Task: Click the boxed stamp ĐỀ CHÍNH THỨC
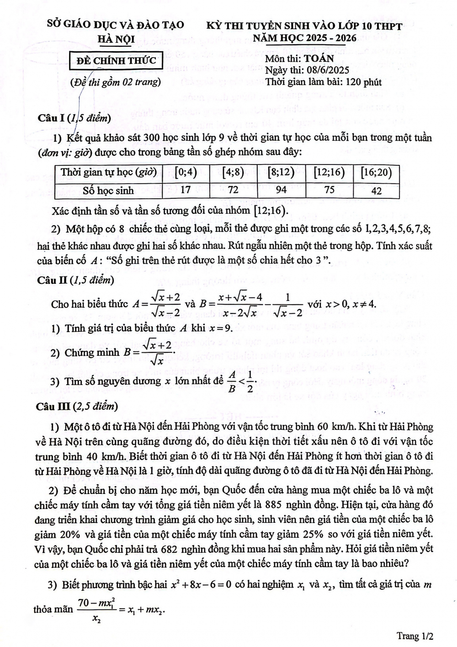(x=116, y=61)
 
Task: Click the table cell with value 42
(x=376, y=191)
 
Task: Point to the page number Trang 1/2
(x=414, y=636)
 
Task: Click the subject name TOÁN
(x=319, y=58)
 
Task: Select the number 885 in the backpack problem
(x=279, y=505)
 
